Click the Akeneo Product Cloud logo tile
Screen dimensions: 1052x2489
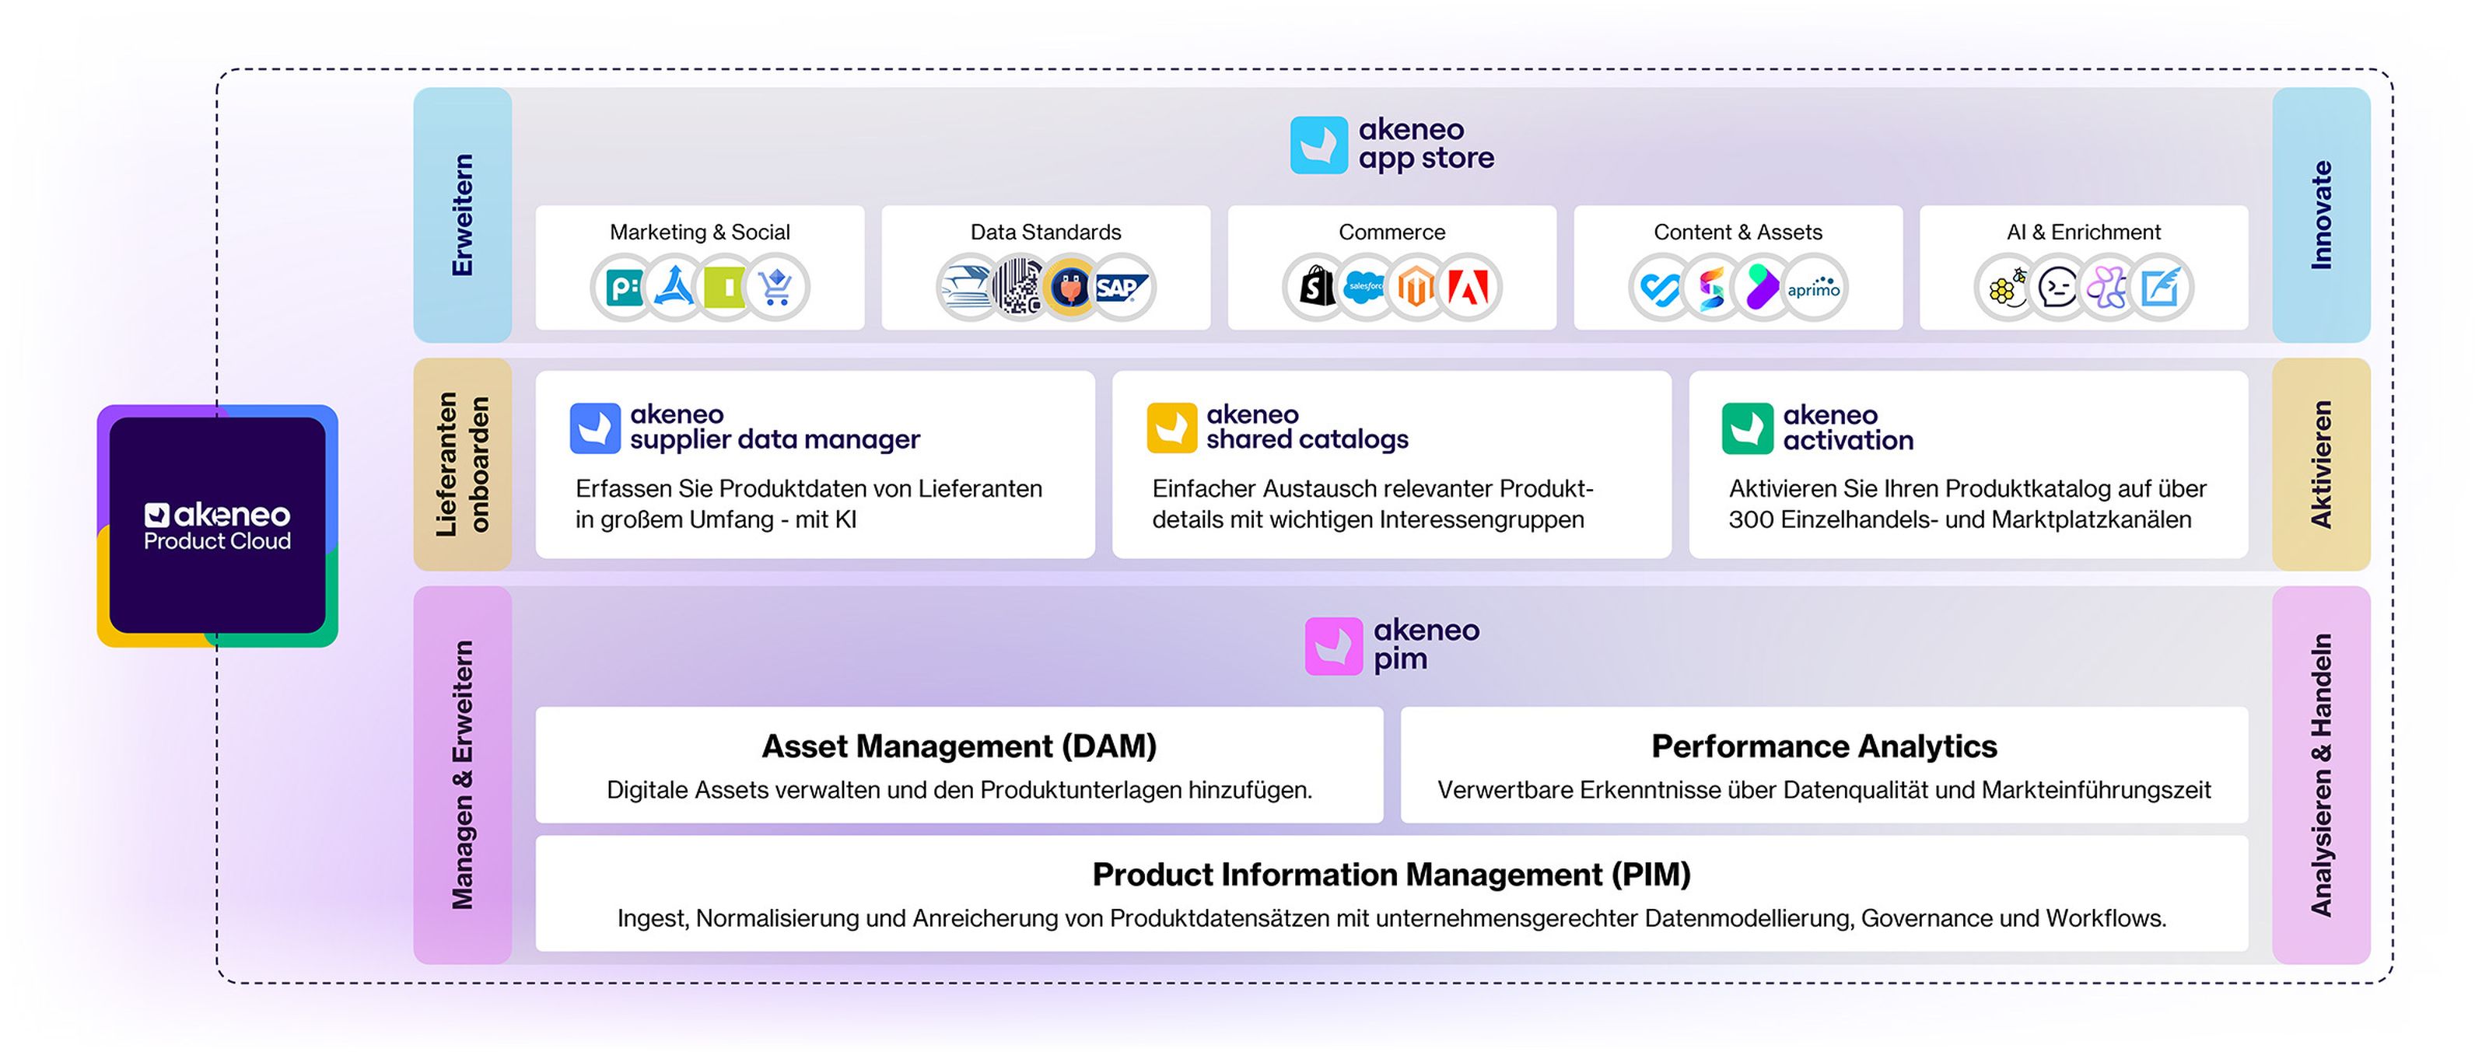click(218, 526)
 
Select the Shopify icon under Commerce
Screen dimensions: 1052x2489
click(1314, 287)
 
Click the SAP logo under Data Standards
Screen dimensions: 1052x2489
click(1121, 287)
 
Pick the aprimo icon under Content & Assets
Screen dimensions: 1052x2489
click(1814, 288)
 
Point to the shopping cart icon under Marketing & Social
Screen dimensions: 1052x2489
click(776, 287)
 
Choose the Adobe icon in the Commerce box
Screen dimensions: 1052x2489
click(1469, 287)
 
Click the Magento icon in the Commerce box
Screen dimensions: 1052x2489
click(1416, 287)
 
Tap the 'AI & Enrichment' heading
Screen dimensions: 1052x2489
click(2083, 232)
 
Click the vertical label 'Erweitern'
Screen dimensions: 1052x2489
click(463, 215)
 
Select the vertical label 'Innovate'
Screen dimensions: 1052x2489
click(2321, 215)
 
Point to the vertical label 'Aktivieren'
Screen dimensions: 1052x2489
click(2321, 463)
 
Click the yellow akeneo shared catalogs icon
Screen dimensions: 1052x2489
click(1171, 428)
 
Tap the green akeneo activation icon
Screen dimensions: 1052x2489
click(1747, 428)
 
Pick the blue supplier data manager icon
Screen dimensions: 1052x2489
click(595, 428)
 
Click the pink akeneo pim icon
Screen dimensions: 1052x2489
click(1333, 645)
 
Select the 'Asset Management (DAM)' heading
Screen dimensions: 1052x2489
click(958, 746)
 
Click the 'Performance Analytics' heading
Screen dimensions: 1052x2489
click(1823, 746)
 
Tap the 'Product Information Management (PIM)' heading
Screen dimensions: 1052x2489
click(1392, 874)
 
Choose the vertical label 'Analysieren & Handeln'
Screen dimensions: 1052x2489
click(2321, 774)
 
